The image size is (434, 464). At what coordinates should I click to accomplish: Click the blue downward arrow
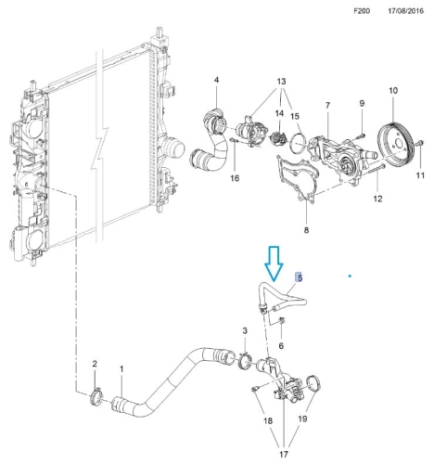click(274, 264)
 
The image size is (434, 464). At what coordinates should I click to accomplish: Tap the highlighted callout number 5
click(299, 277)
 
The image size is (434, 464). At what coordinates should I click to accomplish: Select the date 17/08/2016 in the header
click(405, 11)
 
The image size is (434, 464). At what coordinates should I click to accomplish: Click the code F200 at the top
click(362, 11)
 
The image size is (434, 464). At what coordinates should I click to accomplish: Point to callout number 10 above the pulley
click(393, 91)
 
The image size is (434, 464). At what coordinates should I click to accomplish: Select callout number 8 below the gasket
click(306, 230)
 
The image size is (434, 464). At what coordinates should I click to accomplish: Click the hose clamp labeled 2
click(97, 396)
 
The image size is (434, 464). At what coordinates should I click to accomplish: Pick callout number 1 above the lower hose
click(121, 369)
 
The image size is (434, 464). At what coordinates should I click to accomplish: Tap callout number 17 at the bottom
click(284, 454)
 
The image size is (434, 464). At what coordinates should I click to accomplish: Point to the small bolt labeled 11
click(420, 143)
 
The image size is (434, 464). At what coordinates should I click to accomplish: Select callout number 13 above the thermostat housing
click(281, 82)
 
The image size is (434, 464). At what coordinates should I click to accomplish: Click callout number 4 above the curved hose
click(216, 80)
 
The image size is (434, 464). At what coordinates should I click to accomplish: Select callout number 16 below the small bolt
click(235, 178)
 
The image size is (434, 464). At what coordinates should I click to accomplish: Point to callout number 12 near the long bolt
click(377, 199)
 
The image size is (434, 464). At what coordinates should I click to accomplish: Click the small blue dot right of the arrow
click(350, 276)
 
